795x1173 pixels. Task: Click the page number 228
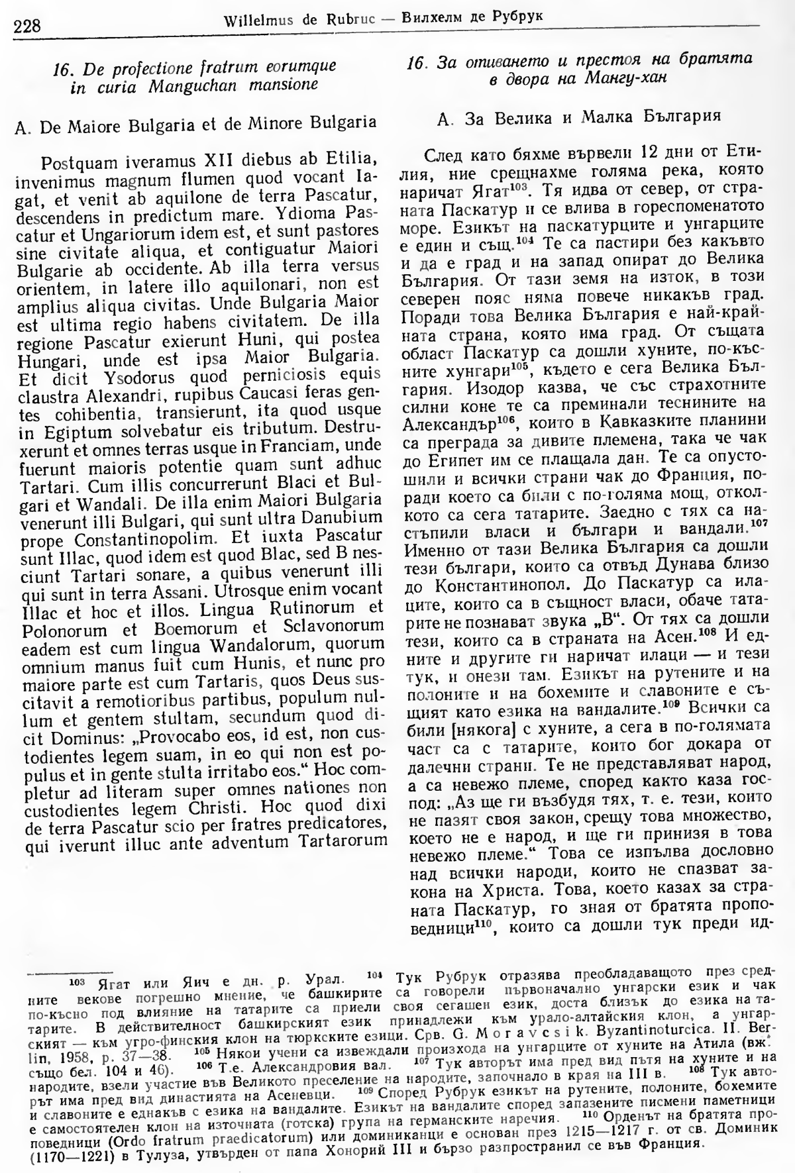click(27, 26)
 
